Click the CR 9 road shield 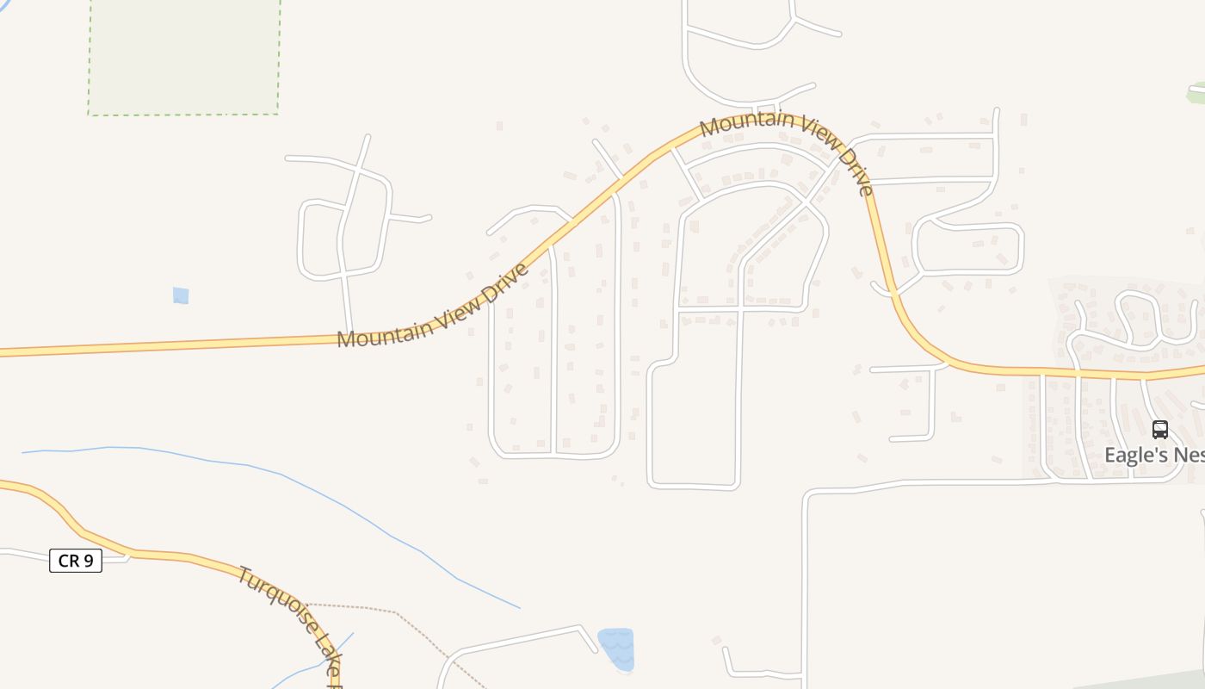point(76,561)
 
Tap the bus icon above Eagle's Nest point(1160,429)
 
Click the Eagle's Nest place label point(1153,455)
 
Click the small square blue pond point(181,295)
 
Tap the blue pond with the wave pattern point(616,648)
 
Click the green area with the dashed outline point(184,56)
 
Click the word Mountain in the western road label point(379,332)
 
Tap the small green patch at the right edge point(1197,90)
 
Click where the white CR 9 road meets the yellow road point(129,553)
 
